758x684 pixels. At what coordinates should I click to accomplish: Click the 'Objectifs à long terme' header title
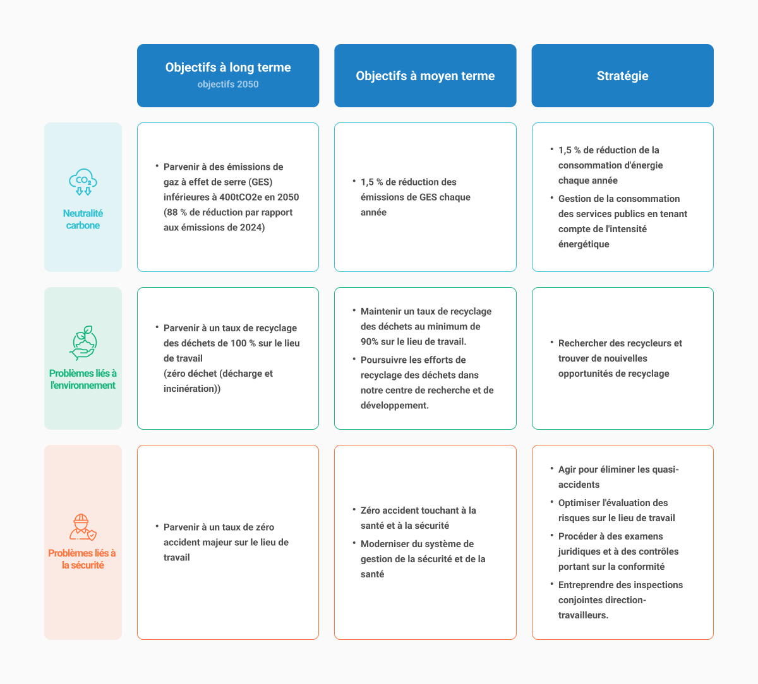tap(228, 67)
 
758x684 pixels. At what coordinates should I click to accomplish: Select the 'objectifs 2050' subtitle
tap(228, 84)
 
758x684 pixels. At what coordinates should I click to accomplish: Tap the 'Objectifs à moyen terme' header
tap(425, 76)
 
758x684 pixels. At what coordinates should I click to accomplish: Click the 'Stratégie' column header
tap(622, 76)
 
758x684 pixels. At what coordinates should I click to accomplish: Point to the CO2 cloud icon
tap(83, 182)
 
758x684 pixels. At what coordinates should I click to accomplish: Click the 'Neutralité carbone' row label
tap(83, 220)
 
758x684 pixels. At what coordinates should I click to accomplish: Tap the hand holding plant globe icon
tap(83, 343)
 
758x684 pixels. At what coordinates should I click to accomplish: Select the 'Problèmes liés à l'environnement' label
tap(83, 379)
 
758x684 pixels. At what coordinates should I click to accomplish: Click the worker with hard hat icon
tap(83, 527)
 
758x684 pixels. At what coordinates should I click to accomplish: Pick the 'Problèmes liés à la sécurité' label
tap(82, 559)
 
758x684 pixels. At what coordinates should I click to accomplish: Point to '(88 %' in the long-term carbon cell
tap(176, 212)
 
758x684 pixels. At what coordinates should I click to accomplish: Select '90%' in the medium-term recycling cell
tap(369, 341)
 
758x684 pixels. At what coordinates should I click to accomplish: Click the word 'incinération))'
tap(192, 389)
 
